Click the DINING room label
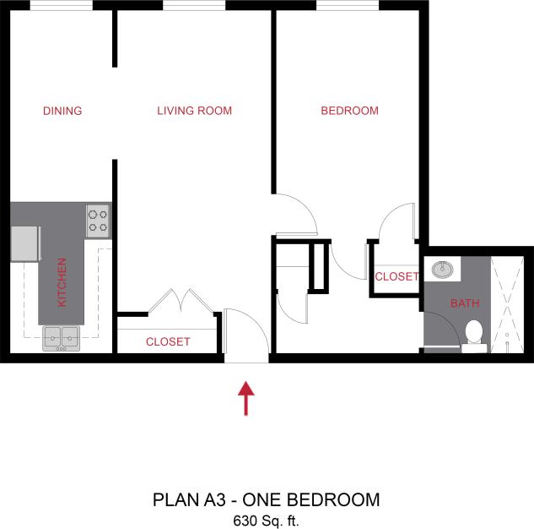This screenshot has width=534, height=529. [62, 111]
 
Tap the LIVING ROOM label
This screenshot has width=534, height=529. [194, 111]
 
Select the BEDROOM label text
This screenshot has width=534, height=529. [349, 111]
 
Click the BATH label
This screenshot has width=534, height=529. [463, 303]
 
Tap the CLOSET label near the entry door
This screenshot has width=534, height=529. [168, 342]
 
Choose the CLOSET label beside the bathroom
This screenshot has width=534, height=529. [396, 277]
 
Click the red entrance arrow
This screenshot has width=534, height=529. [245, 398]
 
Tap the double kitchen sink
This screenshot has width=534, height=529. [61, 339]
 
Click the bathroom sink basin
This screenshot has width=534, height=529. [442, 270]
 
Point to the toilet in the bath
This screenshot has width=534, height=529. [472, 335]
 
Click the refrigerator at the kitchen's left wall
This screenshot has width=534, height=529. [25, 243]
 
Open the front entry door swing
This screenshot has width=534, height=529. [245, 335]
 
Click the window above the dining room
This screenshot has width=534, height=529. [62, 5]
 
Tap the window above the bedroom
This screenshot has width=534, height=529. [341, 5]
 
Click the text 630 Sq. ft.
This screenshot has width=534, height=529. [266, 521]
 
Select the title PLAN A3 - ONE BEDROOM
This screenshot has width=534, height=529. [266, 499]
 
